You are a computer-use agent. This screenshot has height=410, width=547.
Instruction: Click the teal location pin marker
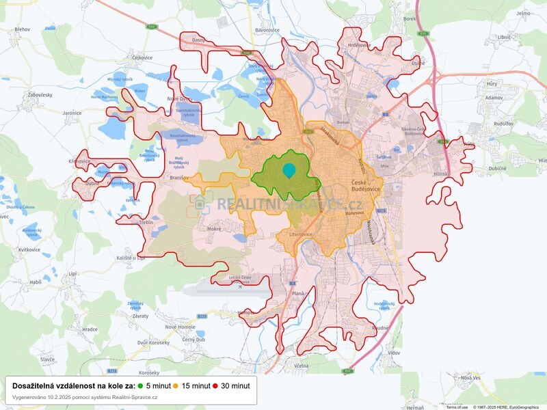pyautogui.click(x=289, y=170)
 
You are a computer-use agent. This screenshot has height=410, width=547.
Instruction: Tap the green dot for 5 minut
pyautogui.click(x=141, y=385)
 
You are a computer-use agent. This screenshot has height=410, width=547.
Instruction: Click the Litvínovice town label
pyautogui.click(x=295, y=234)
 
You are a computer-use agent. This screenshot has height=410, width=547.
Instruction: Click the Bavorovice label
pyautogui.click(x=268, y=31)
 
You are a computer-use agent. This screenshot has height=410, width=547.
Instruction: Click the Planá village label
pyautogui.click(x=298, y=293)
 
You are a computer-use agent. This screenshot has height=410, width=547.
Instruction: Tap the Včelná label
pyautogui.click(x=302, y=366)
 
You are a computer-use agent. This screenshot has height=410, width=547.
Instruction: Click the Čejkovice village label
pyautogui.click(x=142, y=57)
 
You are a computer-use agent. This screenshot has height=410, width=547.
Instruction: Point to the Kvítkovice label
pyautogui.click(x=30, y=250)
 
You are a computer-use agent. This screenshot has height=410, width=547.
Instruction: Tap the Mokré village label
pyautogui.click(x=213, y=229)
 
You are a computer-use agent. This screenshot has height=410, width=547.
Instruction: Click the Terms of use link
pyautogui.click(x=457, y=407)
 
